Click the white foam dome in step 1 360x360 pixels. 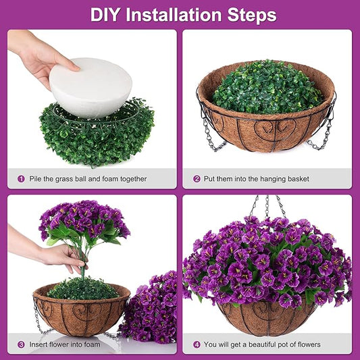(91, 86)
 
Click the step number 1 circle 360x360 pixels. (22, 179)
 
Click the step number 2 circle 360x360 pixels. (197, 179)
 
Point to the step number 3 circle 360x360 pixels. (22, 344)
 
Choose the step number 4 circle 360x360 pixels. (197, 344)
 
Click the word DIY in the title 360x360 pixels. (107, 14)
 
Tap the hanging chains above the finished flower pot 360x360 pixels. (267, 206)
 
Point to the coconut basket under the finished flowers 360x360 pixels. (266, 316)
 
